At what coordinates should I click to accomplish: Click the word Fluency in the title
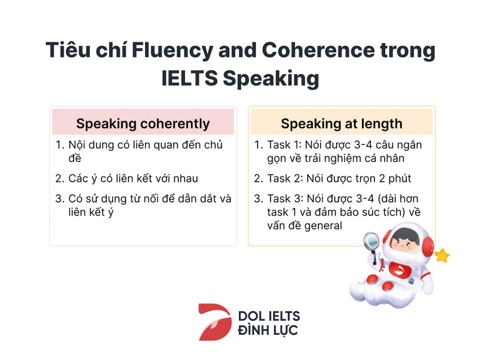click(172, 51)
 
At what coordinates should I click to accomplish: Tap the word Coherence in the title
click(318, 50)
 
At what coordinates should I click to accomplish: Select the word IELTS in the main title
click(189, 78)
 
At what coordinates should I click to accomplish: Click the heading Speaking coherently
click(143, 124)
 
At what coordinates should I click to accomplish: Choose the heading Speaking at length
click(342, 124)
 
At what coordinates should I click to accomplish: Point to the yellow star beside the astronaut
click(442, 255)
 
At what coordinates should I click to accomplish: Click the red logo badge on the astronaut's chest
click(398, 270)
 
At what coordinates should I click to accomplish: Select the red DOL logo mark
click(215, 322)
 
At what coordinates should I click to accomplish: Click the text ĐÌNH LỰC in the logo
click(268, 331)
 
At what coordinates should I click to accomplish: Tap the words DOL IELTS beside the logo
click(269, 316)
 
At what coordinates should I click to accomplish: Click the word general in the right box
click(323, 226)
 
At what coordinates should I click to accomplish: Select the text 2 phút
click(395, 179)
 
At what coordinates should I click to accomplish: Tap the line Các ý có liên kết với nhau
click(133, 179)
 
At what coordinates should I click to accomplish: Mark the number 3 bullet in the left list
click(59, 199)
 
